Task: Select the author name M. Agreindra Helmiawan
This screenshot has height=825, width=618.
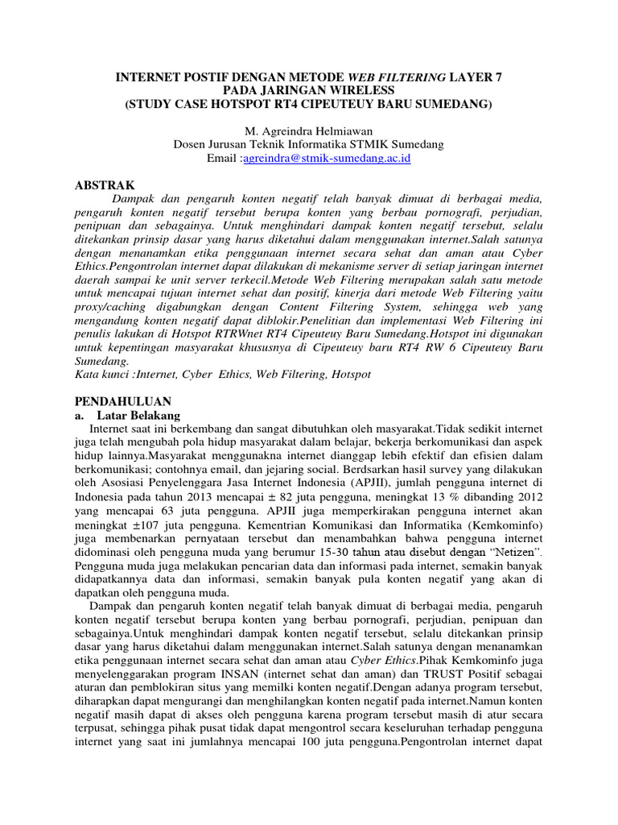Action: [x=308, y=131]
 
